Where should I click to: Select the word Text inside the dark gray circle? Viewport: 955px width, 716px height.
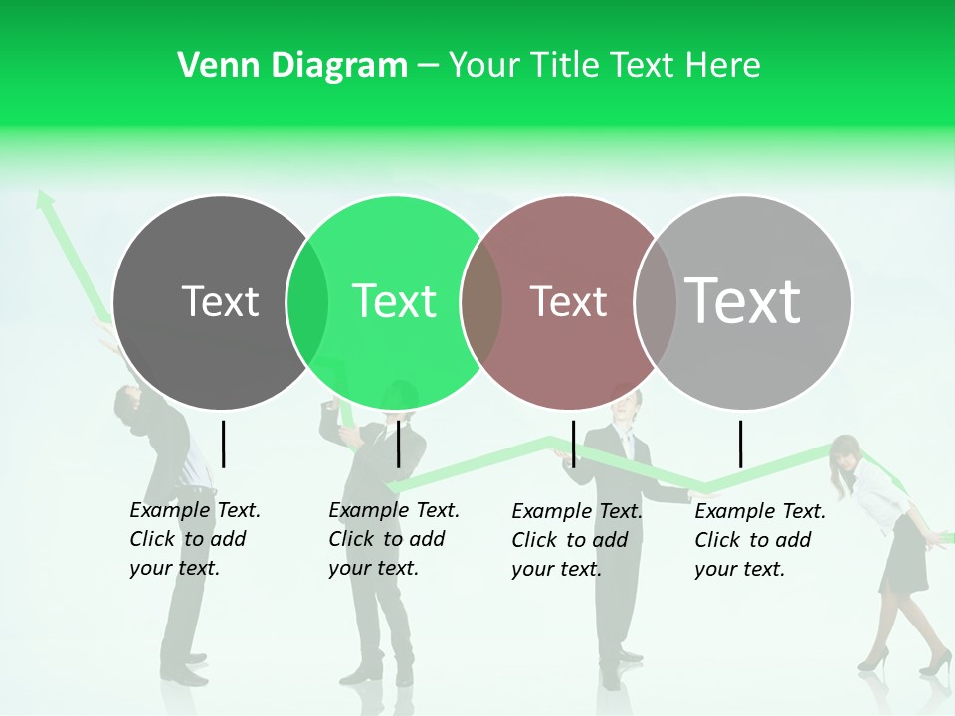click(220, 301)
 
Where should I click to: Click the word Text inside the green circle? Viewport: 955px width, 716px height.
click(394, 301)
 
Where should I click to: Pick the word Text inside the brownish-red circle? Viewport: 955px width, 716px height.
click(568, 301)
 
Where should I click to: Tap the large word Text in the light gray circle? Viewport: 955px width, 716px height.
click(743, 300)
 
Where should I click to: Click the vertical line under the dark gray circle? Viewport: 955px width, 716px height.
click(223, 444)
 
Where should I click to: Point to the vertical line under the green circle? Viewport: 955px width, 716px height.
click(398, 444)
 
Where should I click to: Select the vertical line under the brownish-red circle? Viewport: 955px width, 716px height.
click(573, 444)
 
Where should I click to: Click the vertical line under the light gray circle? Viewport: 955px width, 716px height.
click(741, 444)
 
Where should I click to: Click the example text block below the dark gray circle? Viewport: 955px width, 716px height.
click(194, 539)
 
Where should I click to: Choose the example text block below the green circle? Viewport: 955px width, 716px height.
click(393, 539)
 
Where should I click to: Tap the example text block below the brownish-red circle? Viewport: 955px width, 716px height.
click(576, 540)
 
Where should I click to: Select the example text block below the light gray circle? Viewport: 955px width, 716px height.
click(759, 540)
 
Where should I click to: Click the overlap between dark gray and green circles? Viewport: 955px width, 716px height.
click(307, 301)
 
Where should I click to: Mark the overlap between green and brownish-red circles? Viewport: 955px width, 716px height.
click(481, 301)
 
